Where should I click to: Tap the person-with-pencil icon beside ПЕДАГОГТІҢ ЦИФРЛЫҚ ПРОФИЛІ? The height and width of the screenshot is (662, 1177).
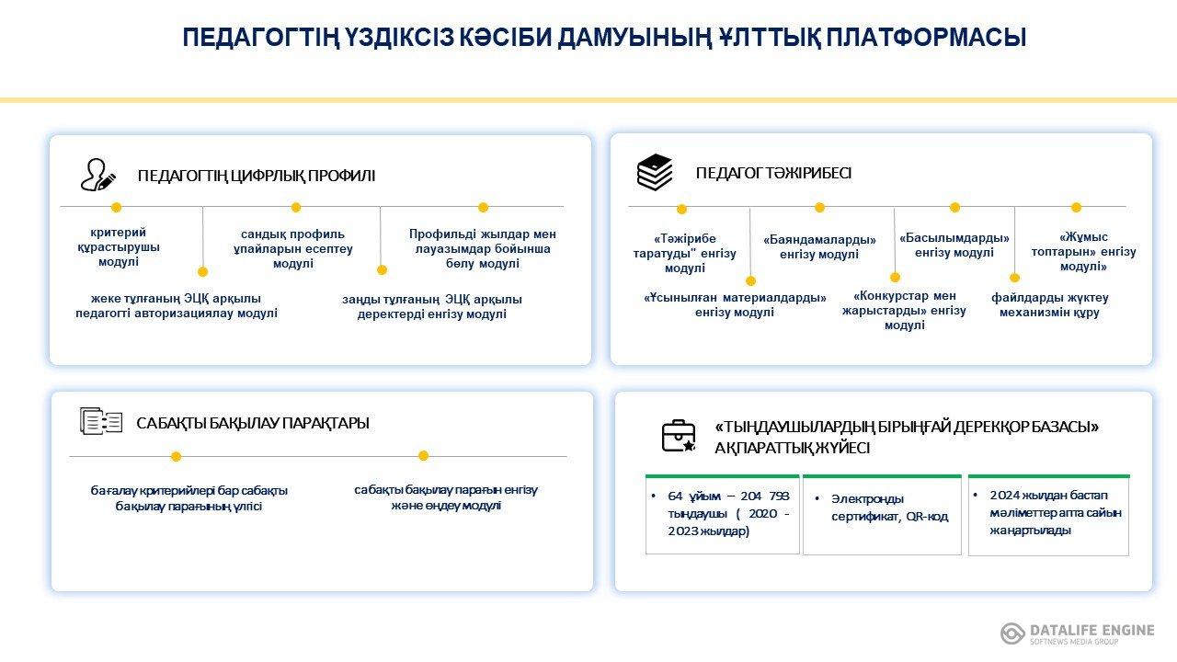(97, 175)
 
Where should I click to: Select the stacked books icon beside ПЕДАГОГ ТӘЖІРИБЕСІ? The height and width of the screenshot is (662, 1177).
(654, 172)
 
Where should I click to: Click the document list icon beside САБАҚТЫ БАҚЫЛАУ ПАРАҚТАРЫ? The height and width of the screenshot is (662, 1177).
(101, 421)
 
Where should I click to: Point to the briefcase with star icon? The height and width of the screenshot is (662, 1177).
(679, 436)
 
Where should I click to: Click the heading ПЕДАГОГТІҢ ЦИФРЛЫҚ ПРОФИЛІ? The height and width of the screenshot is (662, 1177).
(257, 176)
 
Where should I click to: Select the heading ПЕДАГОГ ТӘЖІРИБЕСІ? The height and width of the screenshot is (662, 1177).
(773, 173)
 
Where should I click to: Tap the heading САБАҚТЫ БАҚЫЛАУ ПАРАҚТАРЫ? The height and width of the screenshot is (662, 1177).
(253, 423)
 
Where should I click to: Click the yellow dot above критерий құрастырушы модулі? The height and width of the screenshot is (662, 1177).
(116, 208)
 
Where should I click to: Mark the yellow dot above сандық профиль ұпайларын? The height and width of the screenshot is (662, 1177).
(296, 208)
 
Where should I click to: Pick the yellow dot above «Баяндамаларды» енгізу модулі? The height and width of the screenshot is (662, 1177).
(819, 208)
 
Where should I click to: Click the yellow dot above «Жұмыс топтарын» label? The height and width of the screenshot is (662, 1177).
(1076, 208)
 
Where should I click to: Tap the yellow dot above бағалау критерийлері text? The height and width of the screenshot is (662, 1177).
(176, 457)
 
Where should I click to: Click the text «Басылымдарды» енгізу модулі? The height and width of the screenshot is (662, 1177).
(954, 245)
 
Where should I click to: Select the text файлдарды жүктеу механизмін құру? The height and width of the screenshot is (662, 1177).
(1050, 304)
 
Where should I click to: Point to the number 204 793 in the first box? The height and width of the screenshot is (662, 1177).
(765, 496)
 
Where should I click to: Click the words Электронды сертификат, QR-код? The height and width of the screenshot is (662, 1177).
(889, 508)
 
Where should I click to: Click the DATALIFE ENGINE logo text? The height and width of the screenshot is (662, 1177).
(1091, 630)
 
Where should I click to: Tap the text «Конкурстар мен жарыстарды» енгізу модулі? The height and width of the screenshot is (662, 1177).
(904, 311)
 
